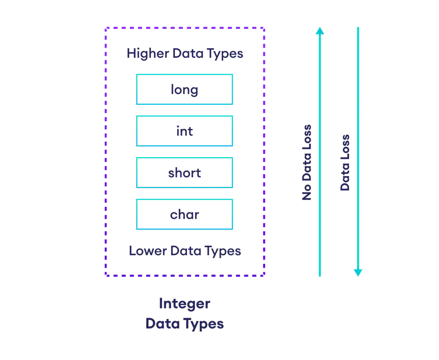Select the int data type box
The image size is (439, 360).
pyautogui.click(x=184, y=130)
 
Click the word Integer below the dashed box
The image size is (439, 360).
pyautogui.click(x=184, y=304)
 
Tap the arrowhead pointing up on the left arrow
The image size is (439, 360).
pyautogui.click(x=319, y=31)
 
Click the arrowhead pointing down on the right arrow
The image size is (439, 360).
pyautogui.click(x=358, y=272)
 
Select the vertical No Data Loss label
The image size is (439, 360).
pyautogui.click(x=307, y=162)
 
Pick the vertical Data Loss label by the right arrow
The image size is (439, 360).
pyautogui.click(x=346, y=162)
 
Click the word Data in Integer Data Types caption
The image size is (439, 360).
pyautogui.click(x=162, y=324)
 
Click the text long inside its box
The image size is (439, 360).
pyautogui.click(x=184, y=90)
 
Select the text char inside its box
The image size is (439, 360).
pyautogui.click(x=185, y=214)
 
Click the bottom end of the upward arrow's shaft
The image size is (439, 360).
pyautogui.click(x=319, y=277)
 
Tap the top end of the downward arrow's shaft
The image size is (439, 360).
pyautogui.click(x=358, y=27)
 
